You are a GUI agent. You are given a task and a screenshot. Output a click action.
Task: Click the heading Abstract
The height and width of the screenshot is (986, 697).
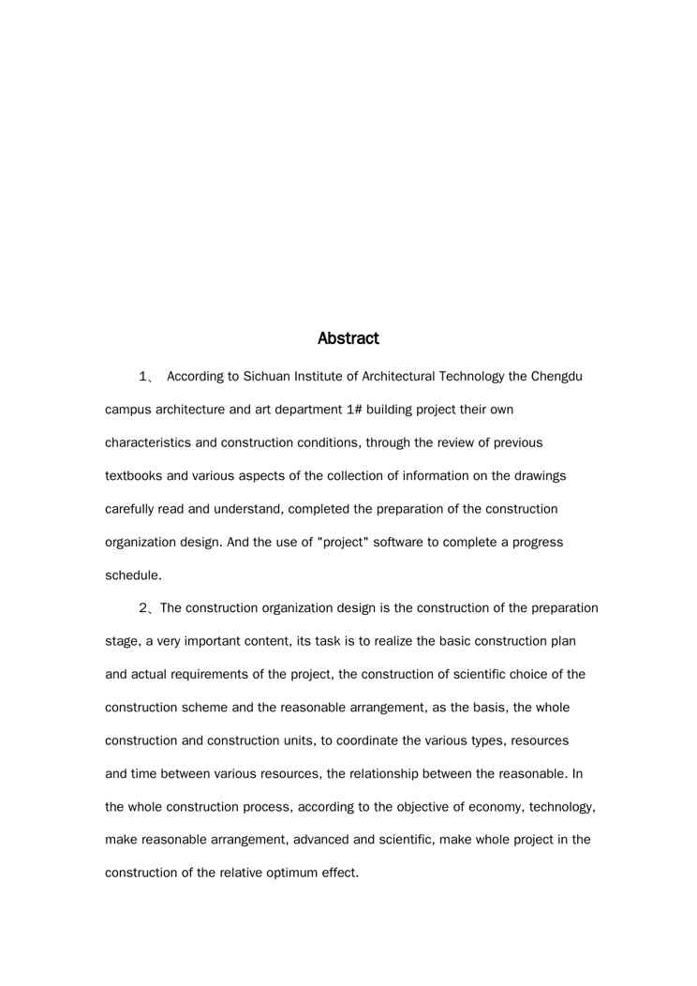click(x=348, y=337)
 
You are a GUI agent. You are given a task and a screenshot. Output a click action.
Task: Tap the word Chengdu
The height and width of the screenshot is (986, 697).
click(x=556, y=377)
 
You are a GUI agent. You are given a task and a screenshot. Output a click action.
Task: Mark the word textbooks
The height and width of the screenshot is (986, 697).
click(x=136, y=476)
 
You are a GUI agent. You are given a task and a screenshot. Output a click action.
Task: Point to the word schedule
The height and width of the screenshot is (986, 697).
click(x=133, y=575)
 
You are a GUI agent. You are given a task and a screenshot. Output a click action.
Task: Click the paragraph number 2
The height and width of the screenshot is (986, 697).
click(x=144, y=608)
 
